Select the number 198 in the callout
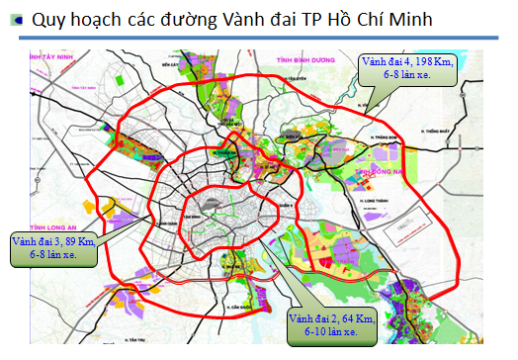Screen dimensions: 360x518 (423, 61)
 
